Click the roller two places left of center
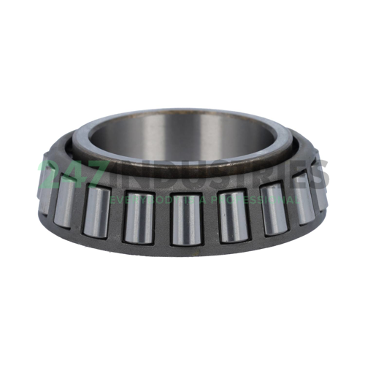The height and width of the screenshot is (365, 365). (96, 210)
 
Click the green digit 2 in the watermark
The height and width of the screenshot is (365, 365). (53, 175)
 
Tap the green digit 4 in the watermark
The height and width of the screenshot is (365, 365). (77, 175)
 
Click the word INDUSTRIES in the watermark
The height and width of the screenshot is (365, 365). (219, 175)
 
